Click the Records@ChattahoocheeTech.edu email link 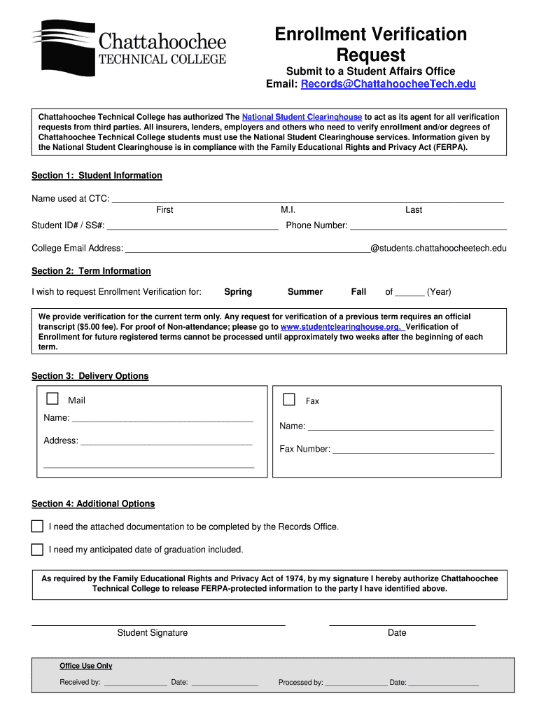pos(388,84)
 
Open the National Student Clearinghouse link pos(302,117)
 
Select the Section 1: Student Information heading pos(97,176)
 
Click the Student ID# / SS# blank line pos(192,226)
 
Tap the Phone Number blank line pos(428,226)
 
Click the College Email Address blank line pos(246,249)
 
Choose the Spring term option pos(238,292)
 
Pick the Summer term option pos(305,292)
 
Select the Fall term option pos(358,292)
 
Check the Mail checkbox pos(52,399)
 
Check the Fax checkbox pos(289,400)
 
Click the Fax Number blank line pos(413,450)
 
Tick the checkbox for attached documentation pos(37,527)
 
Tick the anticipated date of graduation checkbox pos(37,550)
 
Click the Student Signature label pos(152,633)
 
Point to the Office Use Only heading pos(86,666)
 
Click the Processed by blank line pos(356,683)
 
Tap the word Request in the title pos(370,55)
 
